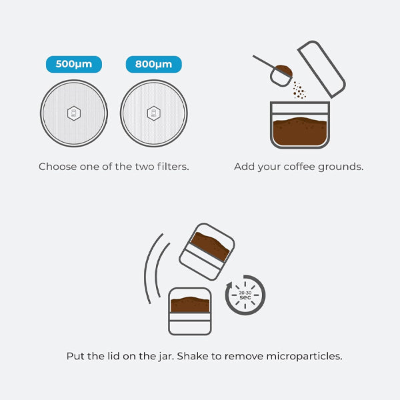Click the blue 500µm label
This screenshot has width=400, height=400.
point(73,65)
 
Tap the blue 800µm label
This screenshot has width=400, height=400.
point(153,65)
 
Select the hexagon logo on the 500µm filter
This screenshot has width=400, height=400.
point(73,113)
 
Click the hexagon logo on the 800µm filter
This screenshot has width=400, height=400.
point(153,113)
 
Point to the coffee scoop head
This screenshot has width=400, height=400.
point(282,73)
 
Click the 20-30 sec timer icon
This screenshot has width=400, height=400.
point(245,295)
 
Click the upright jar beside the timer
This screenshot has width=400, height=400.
point(190,311)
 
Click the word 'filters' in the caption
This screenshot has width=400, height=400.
point(171,167)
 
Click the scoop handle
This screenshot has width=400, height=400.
point(264,63)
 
